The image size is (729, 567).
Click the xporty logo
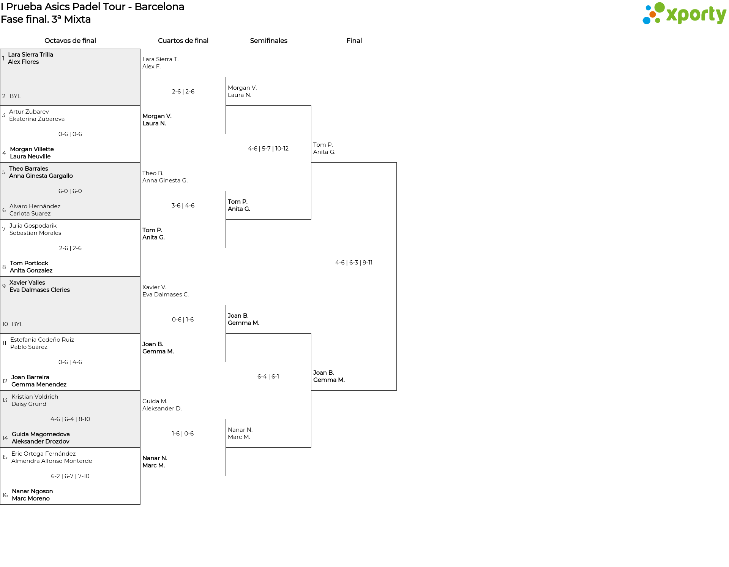coord(684,14)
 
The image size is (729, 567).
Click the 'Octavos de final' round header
coord(70,41)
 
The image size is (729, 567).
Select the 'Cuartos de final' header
coord(183,41)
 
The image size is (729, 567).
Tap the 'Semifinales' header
coord(268,41)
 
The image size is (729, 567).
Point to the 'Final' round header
coord(354,41)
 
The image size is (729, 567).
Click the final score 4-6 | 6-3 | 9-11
coord(354,263)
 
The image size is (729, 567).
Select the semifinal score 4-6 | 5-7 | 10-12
coord(268,149)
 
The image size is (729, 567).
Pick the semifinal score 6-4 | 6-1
coord(268,377)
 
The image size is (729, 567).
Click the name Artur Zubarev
coord(29,112)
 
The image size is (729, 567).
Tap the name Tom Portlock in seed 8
coord(29,263)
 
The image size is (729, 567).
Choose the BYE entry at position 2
coord(15,96)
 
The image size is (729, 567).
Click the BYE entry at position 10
coord(17,324)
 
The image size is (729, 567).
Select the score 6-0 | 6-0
coord(70,191)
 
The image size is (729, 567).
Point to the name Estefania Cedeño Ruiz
coord(42,340)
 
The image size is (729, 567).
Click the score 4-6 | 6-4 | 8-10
coord(70,419)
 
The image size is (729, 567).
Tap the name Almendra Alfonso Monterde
coord(52,461)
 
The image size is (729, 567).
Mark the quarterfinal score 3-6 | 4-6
coord(183,206)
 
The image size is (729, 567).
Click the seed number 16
coord(5,495)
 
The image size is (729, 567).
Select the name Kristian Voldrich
coord(35,397)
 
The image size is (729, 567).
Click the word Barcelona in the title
coord(159,7)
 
